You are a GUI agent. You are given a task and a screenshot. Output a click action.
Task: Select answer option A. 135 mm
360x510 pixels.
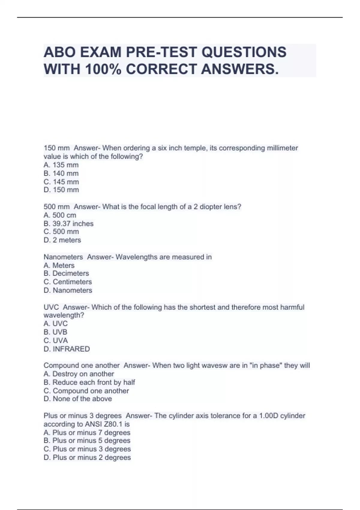coord(61,165)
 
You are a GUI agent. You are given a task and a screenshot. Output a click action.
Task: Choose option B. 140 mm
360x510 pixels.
coord(61,173)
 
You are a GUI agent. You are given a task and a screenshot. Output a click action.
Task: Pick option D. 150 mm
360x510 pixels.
coord(61,190)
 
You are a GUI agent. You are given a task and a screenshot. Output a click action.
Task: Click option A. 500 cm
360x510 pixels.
coord(60,215)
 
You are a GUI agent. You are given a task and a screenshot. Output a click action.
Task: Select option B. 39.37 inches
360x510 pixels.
coord(68,223)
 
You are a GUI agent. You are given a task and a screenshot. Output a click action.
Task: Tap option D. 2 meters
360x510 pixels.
coord(62,240)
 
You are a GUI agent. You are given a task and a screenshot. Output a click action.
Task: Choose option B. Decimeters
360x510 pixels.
coord(66,273)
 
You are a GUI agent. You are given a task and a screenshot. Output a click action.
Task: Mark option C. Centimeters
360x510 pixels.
coord(67,282)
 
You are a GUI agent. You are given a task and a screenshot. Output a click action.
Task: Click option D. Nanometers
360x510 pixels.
coord(68,290)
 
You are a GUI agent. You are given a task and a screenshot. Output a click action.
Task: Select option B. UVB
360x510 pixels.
coord(55,332)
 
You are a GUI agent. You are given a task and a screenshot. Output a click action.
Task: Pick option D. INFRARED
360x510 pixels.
coord(67,349)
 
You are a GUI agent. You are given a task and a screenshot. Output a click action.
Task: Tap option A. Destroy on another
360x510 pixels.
coord(79,374)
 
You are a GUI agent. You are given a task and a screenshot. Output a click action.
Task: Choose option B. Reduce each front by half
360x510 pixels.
coord(89,382)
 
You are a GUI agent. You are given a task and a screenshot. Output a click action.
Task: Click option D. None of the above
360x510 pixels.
coord(78,399)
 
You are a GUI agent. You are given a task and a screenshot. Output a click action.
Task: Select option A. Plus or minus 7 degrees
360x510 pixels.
coord(87,433)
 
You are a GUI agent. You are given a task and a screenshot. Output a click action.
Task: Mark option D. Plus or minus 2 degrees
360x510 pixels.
coord(87,457)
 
